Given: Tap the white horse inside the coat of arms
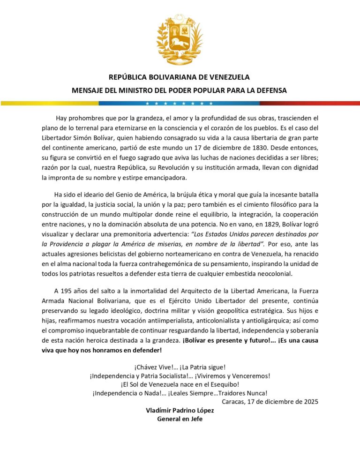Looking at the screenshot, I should click(x=180, y=45).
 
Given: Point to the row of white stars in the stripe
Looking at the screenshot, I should click(x=180, y=103).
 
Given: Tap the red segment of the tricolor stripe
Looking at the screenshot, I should click(x=323, y=103).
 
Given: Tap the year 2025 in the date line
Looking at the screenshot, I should click(x=310, y=401).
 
